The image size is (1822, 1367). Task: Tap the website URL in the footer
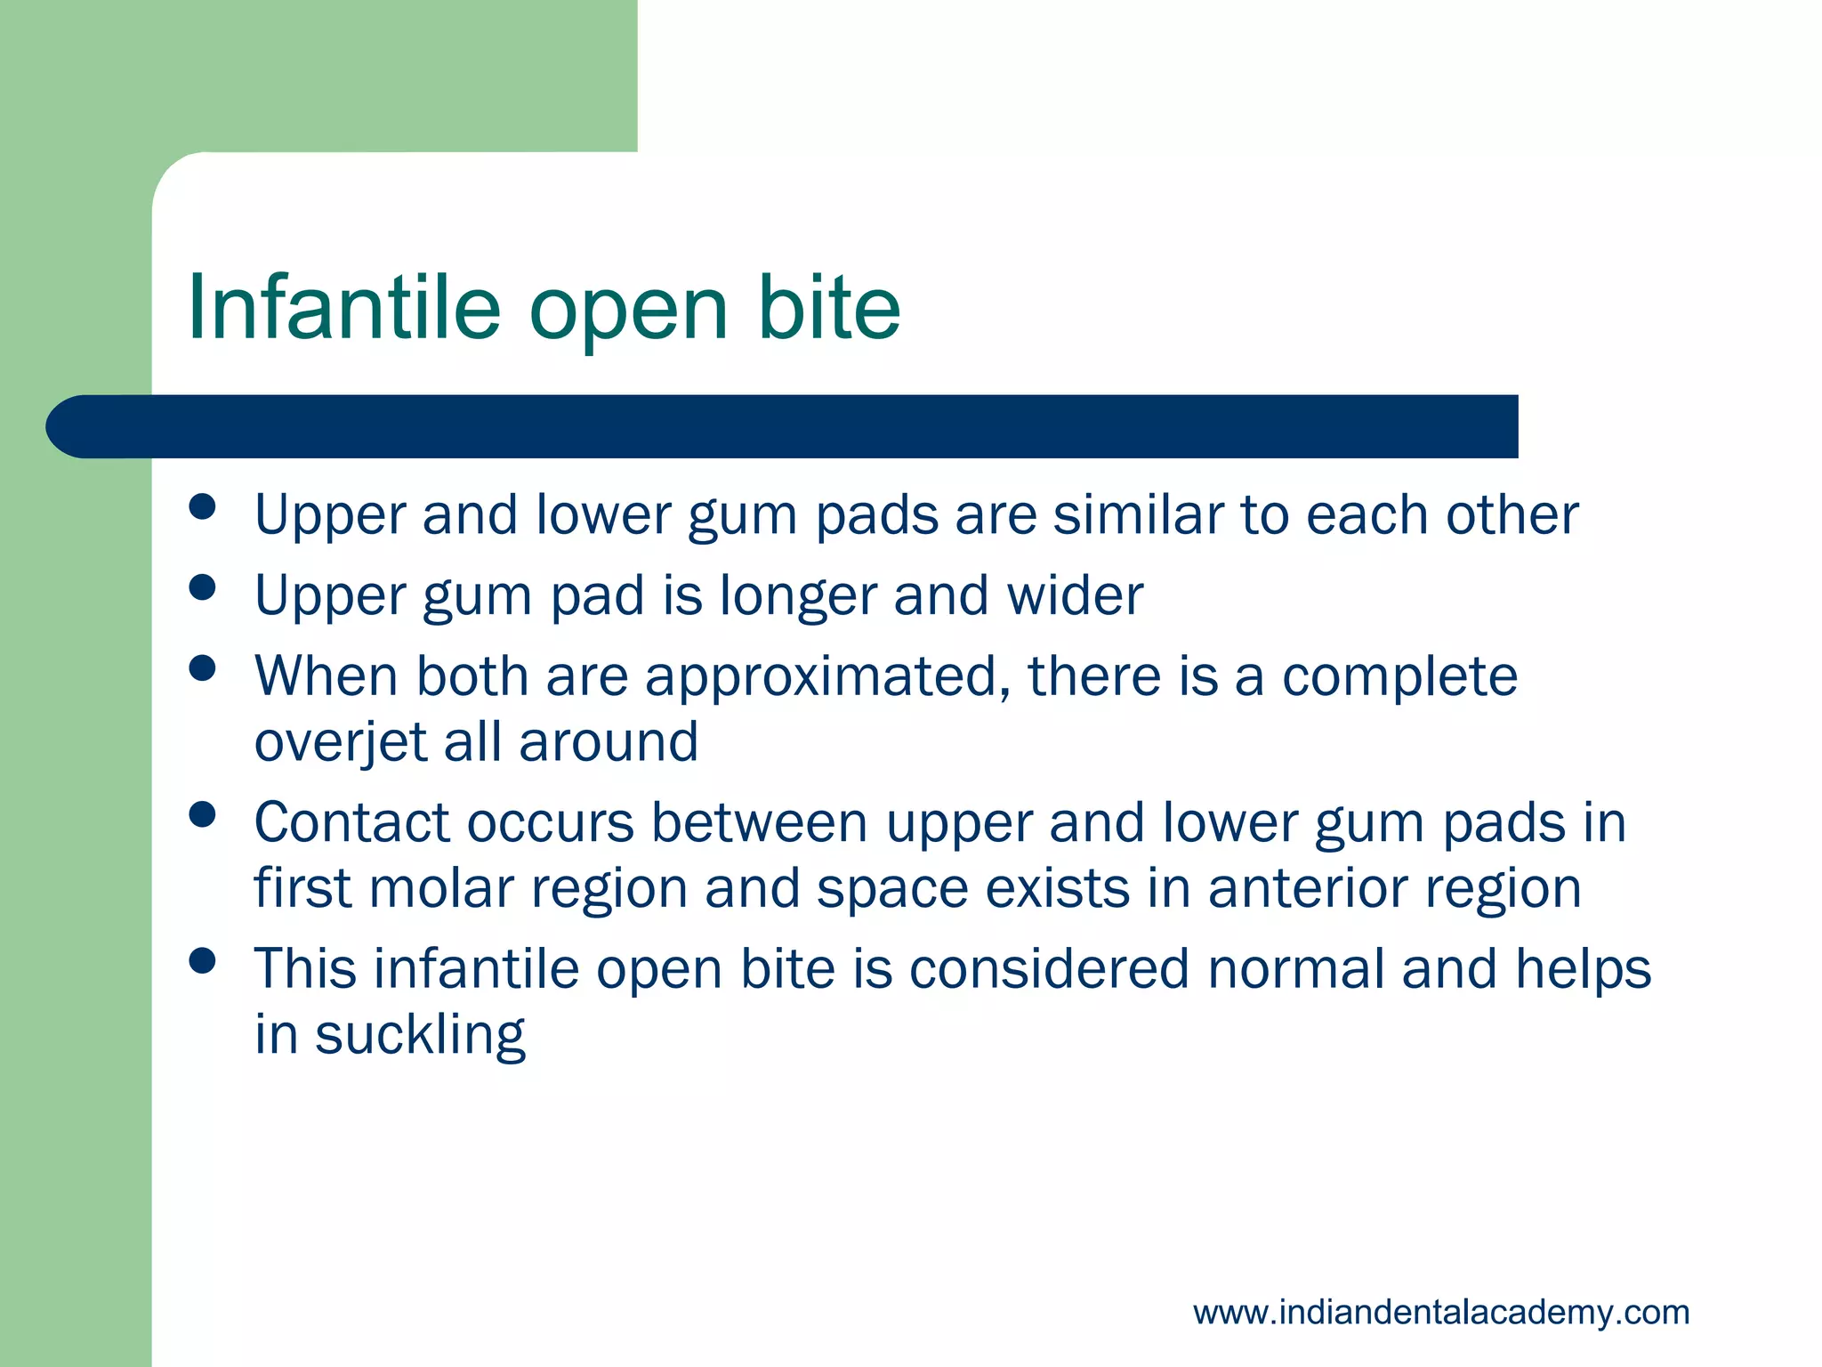tap(1440, 1313)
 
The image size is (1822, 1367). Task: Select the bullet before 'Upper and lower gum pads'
tap(203, 507)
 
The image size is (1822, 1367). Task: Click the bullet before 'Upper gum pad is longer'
tap(203, 587)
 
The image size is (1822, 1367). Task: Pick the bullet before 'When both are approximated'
tap(203, 668)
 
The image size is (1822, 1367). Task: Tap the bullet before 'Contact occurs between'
tap(203, 814)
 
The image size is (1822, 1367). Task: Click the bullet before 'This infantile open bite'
tap(203, 960)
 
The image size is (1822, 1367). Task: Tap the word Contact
tap(351, 822)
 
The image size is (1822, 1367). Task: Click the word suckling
tap(420, 1036)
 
